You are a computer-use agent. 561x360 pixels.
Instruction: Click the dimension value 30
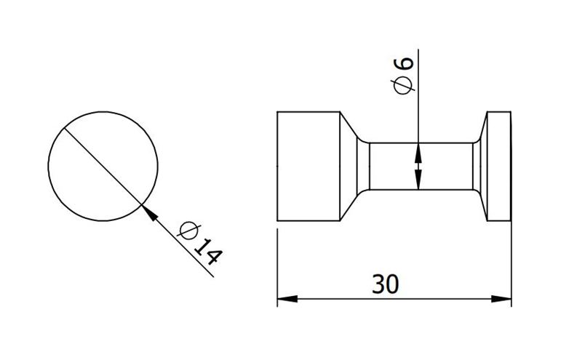coord(385,284)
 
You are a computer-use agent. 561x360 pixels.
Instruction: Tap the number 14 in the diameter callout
coord(208,252)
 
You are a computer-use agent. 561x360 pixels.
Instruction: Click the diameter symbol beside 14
coord(188,231)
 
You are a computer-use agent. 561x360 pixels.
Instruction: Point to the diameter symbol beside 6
coord(403,85)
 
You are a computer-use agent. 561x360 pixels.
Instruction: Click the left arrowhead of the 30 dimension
coord(287,299)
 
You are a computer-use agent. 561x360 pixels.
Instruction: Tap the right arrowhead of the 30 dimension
coord(501,299)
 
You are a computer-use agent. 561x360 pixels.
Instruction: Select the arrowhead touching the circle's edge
coord(150,212)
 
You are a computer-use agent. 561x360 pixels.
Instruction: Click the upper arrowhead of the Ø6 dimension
coord(418,153)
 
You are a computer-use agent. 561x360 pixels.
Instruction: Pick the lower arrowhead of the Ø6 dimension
coord(418,179)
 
